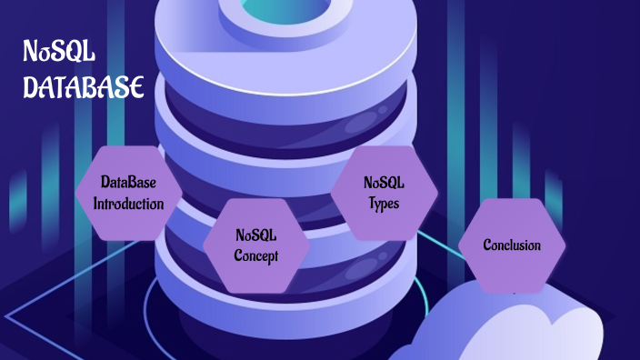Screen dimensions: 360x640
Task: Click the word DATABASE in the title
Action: pyautogui.click(x=84, y=87)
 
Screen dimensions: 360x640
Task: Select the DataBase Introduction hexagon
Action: pyautogui.click(x=128, y=193)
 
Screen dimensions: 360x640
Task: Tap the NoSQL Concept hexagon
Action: pyautogui.click(x=255, y=245)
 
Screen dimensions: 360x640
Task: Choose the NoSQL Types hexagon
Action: pyautogui.click(x=384, y=193)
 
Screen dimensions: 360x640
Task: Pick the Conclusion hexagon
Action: pyautogui.click(x=512, y=245)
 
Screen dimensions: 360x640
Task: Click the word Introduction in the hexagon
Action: pyautogui.click(x=128, y=203)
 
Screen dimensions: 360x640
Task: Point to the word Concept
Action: pyautogui.click(x=255, y=255)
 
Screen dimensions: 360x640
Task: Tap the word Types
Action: pyautogui.click(x=384, y=203)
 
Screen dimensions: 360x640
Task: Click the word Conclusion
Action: pyautogui.click(x=512, y=245)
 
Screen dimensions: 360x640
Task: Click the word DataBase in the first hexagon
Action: pyautogui.click(x=128, y=183)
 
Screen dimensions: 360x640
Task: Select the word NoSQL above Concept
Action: pyautogui.click(x=255, y=235)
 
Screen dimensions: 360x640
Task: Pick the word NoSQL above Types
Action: pyautogui.click(x=384, y=183)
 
